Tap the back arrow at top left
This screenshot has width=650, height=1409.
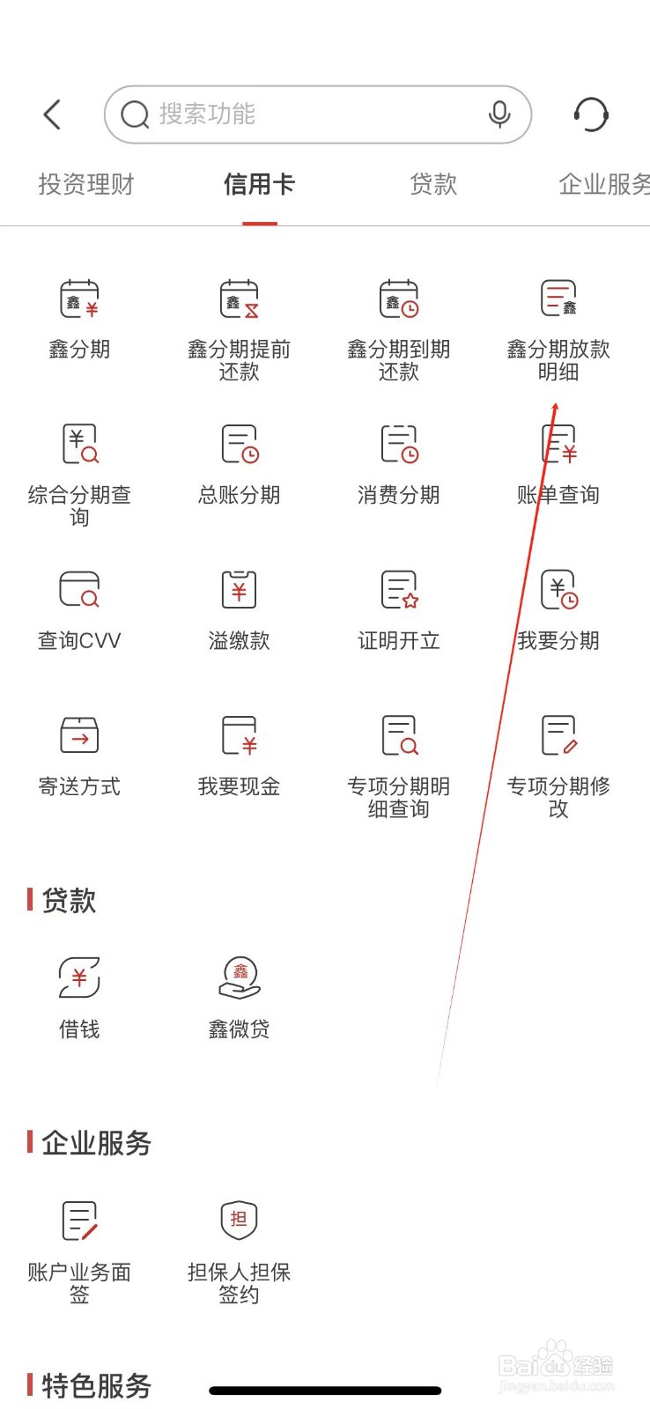coord(53,114)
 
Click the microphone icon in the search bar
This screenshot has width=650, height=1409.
coord(499,114)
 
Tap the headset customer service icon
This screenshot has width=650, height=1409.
coord(591,114)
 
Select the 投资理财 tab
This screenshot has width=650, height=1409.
coord(86,185)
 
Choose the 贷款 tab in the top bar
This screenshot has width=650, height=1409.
coord(433,185)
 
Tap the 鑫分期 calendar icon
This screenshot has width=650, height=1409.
coord(79,299)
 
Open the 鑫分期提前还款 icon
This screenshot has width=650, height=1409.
coord(239,299)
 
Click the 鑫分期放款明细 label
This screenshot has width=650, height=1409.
coord(558,360)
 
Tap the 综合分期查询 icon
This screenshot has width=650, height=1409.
coord(79,444)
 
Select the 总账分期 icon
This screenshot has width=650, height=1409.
coord(239,444)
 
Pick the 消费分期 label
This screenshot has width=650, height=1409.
coord(398,495)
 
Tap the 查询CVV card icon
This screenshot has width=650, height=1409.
coord(79,589)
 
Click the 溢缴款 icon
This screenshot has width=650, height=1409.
coord(239,589)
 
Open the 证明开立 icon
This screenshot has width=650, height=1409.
coord(398,589)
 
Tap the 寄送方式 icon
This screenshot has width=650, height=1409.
coord(79,735)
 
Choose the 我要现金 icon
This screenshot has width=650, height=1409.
coord(239,735)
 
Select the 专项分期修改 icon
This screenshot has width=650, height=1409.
coord(558,735)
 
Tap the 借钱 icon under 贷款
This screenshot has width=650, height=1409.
coord(79,977)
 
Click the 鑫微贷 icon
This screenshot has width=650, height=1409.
coord(239,977)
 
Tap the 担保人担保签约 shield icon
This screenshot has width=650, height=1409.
coord(239,1220)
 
